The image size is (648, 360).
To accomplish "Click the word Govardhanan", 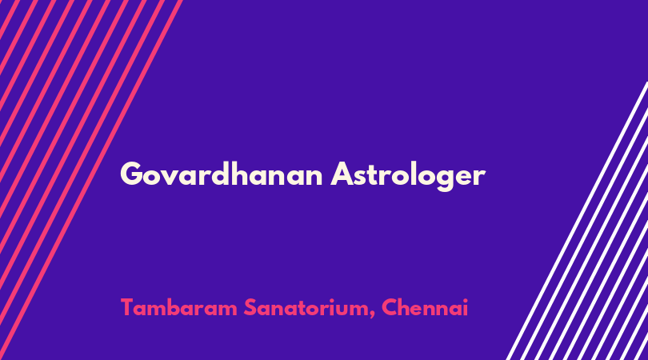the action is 221,174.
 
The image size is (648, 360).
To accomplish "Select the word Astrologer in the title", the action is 408,176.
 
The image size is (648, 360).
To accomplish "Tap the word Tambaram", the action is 179,307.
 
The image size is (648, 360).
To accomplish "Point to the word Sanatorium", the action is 310,308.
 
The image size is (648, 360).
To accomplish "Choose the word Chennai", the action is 425,307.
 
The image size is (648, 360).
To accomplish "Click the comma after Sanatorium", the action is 372,315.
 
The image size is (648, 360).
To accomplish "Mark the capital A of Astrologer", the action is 342,174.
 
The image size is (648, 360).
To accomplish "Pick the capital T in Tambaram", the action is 127,307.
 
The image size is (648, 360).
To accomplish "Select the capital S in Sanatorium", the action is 251,307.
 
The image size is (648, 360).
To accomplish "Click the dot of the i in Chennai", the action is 465,299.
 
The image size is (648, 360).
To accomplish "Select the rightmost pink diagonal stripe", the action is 91,180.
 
